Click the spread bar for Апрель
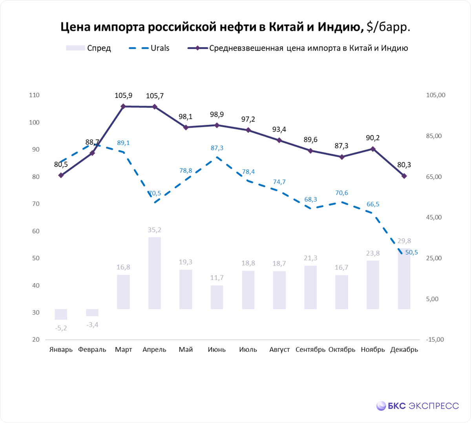pyautogui.click(x=154, y=273)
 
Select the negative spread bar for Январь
pyautogui.click(x=61, y=314)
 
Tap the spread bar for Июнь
pyautogui.click(x=217, y=297)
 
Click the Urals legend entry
pyautogui.click(x=149, y=48)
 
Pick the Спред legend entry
pyautogui.click(x=88, y=48)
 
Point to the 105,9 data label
pyautogui.click(x=123, y=95)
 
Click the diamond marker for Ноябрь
pyautogui.click(x=373, y=149)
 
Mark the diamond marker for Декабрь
pyautogui.click(x=404, y=176)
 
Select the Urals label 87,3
pyautogui.click(x=217, y=148)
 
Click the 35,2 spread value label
pyautogui.click(x=154, y=230)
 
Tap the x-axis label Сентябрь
pyautogui.click(x=310, y=350)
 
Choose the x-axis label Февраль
pyautogui.click(x=92, y=350)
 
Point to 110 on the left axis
pyautogui.click(x=35, y=95)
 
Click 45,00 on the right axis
pyautogui.click(x=434, y=217)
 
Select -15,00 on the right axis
pyautogui.click(x=434, y=340)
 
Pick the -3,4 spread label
pyautogui.click(x=93, y=325)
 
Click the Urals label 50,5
pyautogui.click(x=411, y=252)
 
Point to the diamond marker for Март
pyautogui.click(x=123, y=106)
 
